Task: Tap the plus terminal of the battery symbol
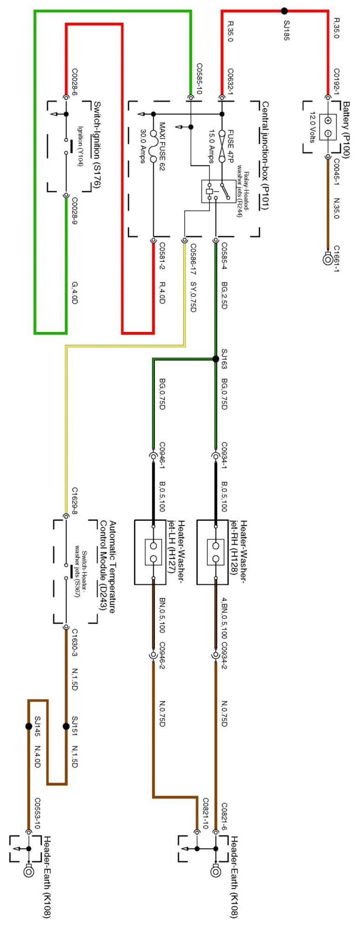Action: [327, 120]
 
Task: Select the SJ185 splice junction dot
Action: [285, 11]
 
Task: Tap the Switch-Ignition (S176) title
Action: [97, 145]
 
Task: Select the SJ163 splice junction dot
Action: [215, 359]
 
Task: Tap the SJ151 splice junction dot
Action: [66, 726]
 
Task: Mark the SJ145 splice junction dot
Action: [28, 726]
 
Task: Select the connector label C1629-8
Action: [74, 503]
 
